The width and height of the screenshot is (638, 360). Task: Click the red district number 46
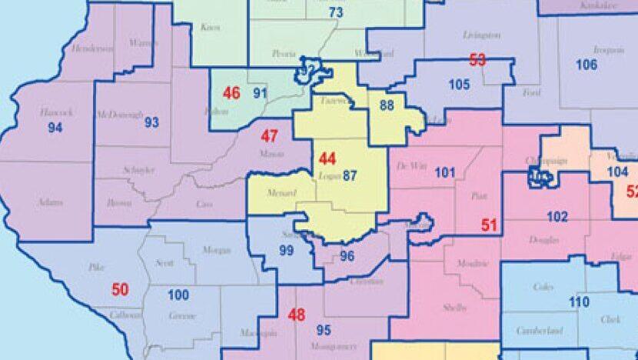[231, 93]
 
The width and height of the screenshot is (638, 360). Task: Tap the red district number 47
[269, 136]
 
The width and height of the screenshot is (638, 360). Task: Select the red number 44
[327, 159]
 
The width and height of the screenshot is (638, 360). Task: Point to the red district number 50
[120, 289]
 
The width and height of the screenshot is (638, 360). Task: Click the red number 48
[296, 315]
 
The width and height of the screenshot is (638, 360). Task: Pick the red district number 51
[490, 225]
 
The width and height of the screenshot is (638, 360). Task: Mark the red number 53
[477, 59]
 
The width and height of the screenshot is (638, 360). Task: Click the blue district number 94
[55, 128]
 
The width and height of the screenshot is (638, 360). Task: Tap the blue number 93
[151, 122]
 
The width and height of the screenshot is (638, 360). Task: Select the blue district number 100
[178, 295]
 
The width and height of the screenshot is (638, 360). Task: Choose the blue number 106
[586, 65]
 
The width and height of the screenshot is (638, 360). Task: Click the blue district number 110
[579, 302]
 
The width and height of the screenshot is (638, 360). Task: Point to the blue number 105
[459, 84]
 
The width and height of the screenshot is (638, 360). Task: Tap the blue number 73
[335, 12]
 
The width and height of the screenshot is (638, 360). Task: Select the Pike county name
[96, 268]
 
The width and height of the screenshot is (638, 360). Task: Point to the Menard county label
[279, 192]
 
